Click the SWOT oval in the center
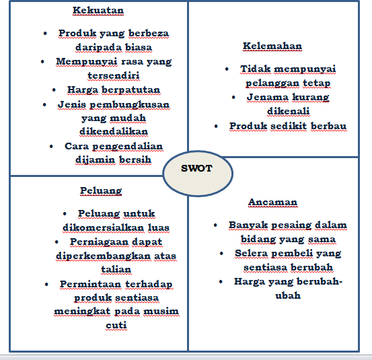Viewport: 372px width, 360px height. click(198, 169)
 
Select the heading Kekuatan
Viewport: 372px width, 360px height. click(99, 11)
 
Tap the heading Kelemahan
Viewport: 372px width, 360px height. click(272, 46)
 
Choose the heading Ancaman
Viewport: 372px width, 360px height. click(272, 202)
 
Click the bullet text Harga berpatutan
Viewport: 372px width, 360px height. click(105, 89)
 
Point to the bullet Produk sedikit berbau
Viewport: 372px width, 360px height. click(287, 126)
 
